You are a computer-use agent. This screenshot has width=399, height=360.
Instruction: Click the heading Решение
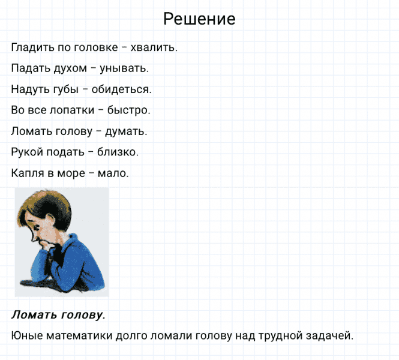point(199,20)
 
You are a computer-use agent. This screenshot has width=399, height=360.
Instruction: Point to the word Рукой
point(26,152)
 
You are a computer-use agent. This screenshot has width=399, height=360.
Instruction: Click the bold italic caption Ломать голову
point(58,314)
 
